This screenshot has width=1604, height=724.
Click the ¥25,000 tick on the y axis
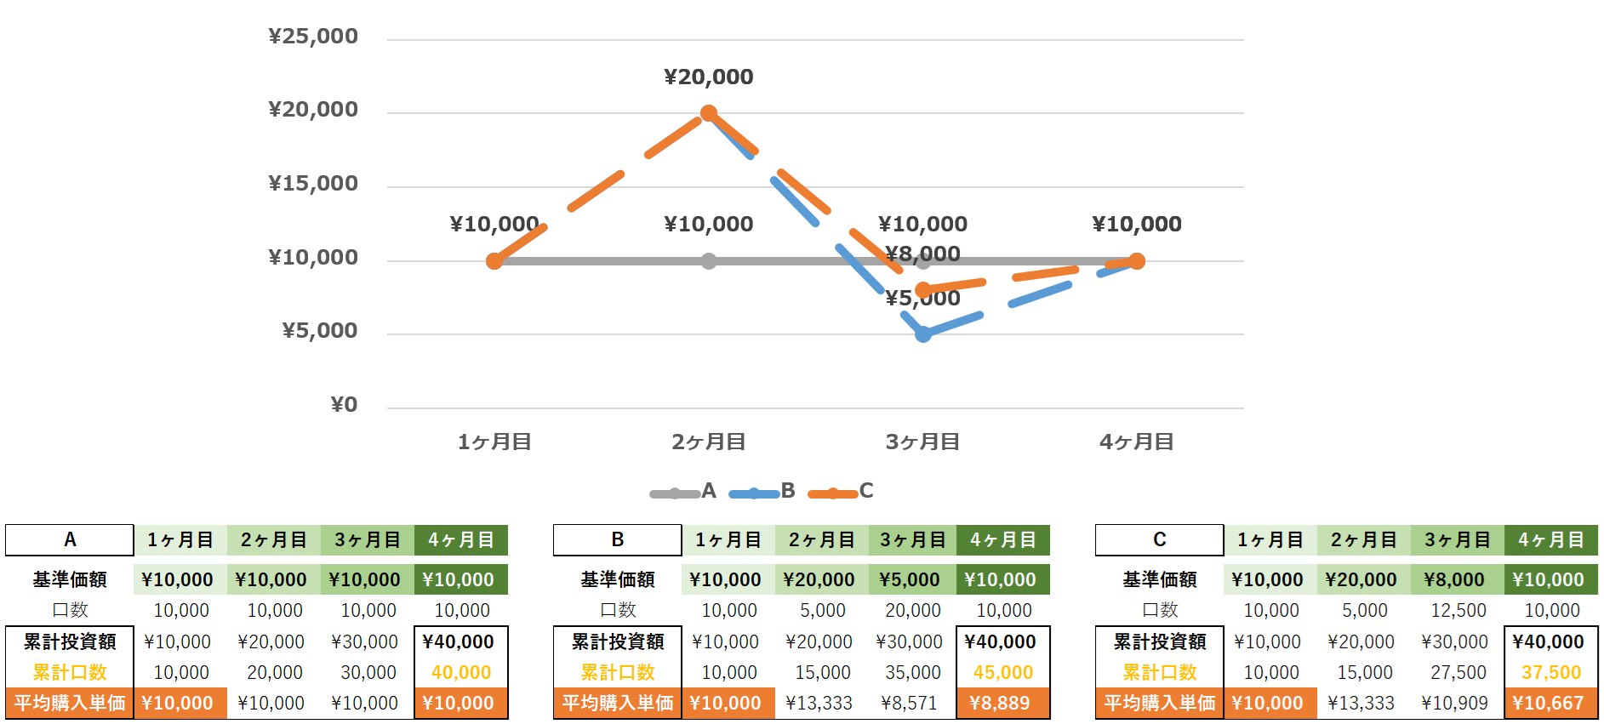(x=313, y=37)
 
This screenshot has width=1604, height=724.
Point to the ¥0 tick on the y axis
(x=344, y=405)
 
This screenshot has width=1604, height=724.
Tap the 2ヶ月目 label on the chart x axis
(x=708, y=442)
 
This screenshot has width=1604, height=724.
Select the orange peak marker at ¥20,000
(x=709, y=113)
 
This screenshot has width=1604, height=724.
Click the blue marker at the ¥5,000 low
(x=923, y=334)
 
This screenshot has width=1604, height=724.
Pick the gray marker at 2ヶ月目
(x=709, y=261)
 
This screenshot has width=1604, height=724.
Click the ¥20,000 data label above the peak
(x=708, y=77)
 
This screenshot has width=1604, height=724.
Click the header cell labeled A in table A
(x=70, y=540)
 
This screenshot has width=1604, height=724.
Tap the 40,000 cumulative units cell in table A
(x=461, y=673)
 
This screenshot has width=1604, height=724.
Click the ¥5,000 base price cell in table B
(x=910, y=580)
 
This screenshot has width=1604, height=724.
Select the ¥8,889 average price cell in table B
(x=1003, y=704)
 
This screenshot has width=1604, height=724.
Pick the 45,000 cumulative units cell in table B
(x=1003, y=673)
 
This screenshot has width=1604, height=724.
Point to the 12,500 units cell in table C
(x=1458, y=611)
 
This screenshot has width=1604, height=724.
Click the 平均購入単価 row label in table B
(x=618, y=704)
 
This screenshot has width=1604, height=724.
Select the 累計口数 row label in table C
(x=1160, y=673)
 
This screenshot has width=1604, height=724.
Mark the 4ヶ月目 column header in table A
(x=461, y=540)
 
